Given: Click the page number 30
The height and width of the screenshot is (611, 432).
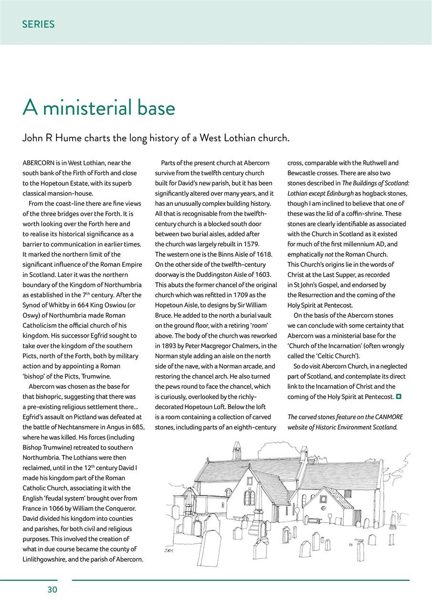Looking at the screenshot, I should (52, 590).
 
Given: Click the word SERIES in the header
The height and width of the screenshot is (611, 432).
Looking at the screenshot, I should (38, 24).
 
